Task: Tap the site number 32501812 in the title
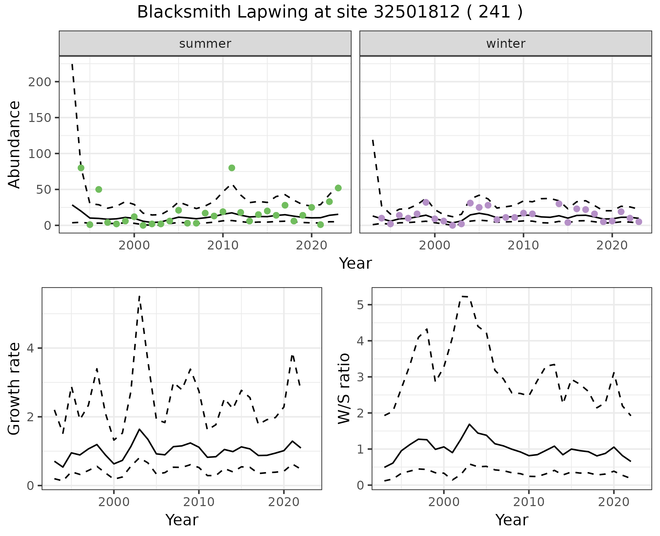pyautogui.click(x=416, y=12)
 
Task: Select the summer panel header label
pyautogui.click(x=205, y=44)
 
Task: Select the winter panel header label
pyautogui.click(x=506, y=44)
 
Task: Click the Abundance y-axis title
pyautogui.click(x=14, y=144)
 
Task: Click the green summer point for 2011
pyautogui.click(x=232, y=168)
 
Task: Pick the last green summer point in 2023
pyautogui.click(x=338, y=188)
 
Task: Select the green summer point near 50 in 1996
pyautogui.click(x=99, y=189)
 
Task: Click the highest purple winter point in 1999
pyautogui.click(x=426, y=202)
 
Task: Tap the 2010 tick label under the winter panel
pyautogui.click(x=523, y=246)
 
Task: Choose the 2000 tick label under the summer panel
pyautogui.click(x=134, y=246)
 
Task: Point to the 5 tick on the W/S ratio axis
pyautogui.click(x=360, y=305)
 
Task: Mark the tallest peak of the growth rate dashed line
pyautogui.click(x=139, y=296)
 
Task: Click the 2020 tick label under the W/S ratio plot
pyautogui.click(x=614, y=502)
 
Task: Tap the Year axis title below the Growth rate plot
pyautogui.click(x=181, y=520)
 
